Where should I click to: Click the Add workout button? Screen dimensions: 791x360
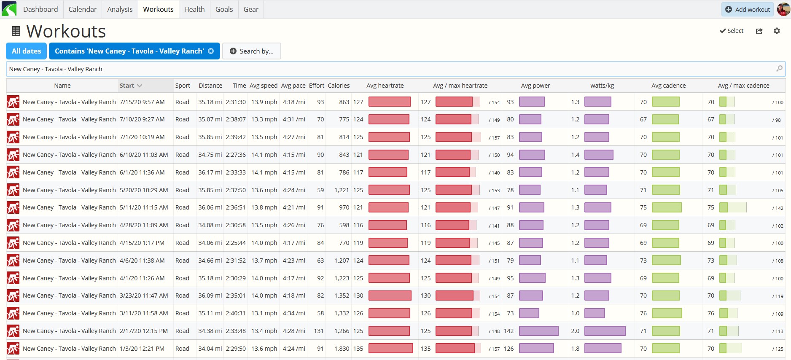(x=747, y=9)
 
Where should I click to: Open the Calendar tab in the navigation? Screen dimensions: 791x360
(x=82, y=9)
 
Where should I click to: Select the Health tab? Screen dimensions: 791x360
(x=194, y=9)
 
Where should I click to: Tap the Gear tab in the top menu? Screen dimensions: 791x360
(x=251, y=9)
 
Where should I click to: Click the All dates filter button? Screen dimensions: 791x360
(x=27, y=51)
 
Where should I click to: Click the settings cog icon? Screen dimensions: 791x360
(x=777, y=31)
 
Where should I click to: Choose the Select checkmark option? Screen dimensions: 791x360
(x=732, y=31)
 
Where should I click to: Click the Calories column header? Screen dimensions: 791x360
(x=339, y=86)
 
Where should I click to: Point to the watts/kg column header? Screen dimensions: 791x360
(x=602, y=86)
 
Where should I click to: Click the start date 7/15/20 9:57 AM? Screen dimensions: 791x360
(x=142, y=102)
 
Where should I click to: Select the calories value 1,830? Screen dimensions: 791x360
(x=342, y=349)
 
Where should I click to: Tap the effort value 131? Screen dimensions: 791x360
(x=319, y=331)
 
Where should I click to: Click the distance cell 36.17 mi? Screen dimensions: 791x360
(x=210, y=172)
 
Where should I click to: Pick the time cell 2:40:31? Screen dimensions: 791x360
(x=236, y=313)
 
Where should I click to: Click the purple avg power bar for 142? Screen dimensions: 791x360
(x=538, y=331)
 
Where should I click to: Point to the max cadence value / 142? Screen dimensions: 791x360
(x=778, y=208)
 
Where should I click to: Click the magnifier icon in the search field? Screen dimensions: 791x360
(x=779, y=68)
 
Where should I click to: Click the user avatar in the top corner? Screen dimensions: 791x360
(x=783, y=9)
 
